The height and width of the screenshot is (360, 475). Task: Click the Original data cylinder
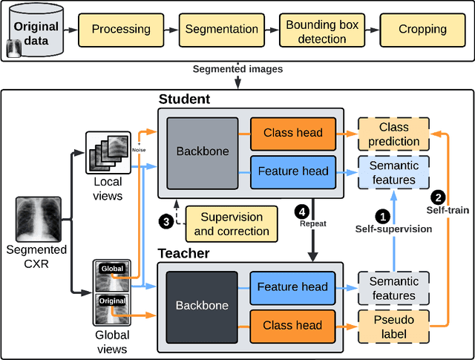coord(36,30)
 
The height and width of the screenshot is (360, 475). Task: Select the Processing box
coord(121,30)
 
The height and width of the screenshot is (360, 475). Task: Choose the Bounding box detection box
coord(322,30)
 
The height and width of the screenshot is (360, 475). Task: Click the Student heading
coord(184,99)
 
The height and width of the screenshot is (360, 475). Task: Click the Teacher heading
coord(185,254)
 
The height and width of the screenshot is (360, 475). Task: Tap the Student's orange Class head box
coord(293,133)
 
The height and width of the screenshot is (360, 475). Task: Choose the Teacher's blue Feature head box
coord(293,287)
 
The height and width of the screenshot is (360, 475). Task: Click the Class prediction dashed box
coord(394,134)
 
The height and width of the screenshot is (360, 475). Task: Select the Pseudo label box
coord(394,326)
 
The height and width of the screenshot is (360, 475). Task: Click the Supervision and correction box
coord(232,224)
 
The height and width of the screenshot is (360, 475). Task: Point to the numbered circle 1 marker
coord(383,217)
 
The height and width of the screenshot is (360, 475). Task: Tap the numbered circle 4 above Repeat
coord(301,210)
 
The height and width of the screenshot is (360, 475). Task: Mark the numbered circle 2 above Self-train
coord(439,197)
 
